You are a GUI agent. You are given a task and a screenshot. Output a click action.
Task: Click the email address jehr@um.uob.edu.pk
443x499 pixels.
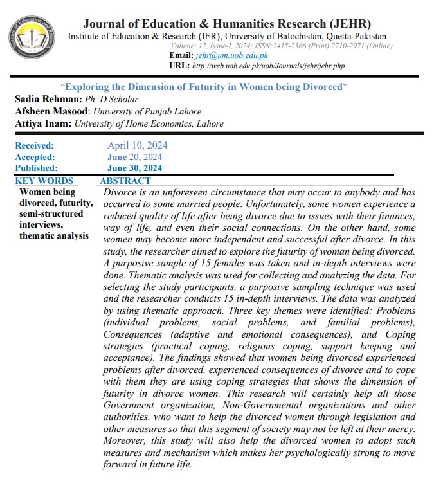coord(222,56)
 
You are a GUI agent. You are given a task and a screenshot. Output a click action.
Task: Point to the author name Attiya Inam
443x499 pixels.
coord(42,124)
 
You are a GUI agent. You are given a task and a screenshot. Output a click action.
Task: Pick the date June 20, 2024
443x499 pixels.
coord(134,157)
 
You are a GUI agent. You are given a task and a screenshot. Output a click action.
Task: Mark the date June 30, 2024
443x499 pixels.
coord(134,168)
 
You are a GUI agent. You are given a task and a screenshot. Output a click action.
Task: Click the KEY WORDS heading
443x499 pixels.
coord(44,181)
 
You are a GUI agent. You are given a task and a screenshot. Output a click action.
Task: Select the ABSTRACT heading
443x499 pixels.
coord(125,181)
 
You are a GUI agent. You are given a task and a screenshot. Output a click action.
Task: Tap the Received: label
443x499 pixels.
coord(35,145)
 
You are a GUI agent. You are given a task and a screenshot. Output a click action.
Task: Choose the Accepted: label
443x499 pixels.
coord(35,157)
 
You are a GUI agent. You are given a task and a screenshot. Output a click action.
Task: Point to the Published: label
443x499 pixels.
coord(36,168)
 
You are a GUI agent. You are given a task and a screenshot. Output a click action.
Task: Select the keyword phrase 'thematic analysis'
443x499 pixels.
coord(54,235)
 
